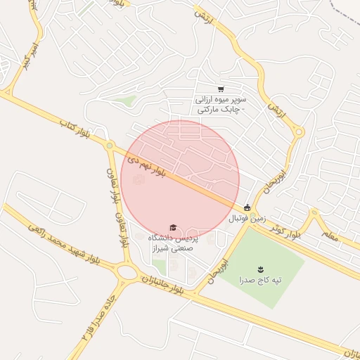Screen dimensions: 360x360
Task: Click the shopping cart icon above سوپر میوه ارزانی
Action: (x=221, y=89)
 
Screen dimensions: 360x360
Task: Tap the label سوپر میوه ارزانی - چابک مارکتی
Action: (x=221, y=105)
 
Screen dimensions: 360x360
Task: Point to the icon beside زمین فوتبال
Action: (x=247, y=207)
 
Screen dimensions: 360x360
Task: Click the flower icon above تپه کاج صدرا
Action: (x=261, y=269)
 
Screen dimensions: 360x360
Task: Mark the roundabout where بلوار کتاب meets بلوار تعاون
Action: (x=110, y=146)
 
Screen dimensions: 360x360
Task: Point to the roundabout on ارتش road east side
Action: (x=300, y=131)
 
